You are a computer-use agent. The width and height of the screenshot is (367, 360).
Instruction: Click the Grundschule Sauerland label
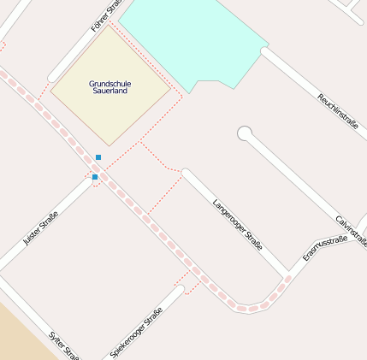coord(110,86)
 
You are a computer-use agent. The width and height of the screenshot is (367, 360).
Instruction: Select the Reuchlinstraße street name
coord(337,112)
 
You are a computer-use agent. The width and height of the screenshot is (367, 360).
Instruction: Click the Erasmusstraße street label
coord(325,249)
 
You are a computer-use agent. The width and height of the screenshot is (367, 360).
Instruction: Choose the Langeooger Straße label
coord(237,224)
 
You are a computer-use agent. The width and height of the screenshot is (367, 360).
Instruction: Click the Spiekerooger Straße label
coord(137,333)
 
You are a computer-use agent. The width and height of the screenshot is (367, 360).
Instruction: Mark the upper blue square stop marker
coord(98,157)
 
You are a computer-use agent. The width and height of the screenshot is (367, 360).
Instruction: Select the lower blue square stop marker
coord(95,177)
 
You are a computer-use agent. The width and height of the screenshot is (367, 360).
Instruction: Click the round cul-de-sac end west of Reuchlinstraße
coord(245,133)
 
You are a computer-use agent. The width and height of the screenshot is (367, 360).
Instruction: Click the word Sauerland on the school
coord(110,90)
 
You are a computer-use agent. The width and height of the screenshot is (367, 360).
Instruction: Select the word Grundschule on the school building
coord(110,83)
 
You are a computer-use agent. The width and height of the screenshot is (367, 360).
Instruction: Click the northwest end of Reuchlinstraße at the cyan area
coord(266,53)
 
